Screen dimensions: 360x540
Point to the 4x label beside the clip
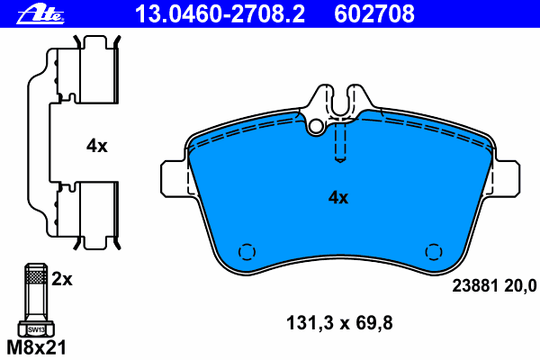(x=96, y=146)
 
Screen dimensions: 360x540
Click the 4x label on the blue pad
(x=337, y=197)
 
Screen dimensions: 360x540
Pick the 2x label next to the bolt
(x=61, y=280)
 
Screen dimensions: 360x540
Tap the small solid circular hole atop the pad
(x=314, y=128)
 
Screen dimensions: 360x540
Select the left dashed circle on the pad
(x=244, y=253)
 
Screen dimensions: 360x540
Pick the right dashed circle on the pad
(x=433, y=253)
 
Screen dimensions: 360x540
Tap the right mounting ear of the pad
(x=506, y=177)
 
